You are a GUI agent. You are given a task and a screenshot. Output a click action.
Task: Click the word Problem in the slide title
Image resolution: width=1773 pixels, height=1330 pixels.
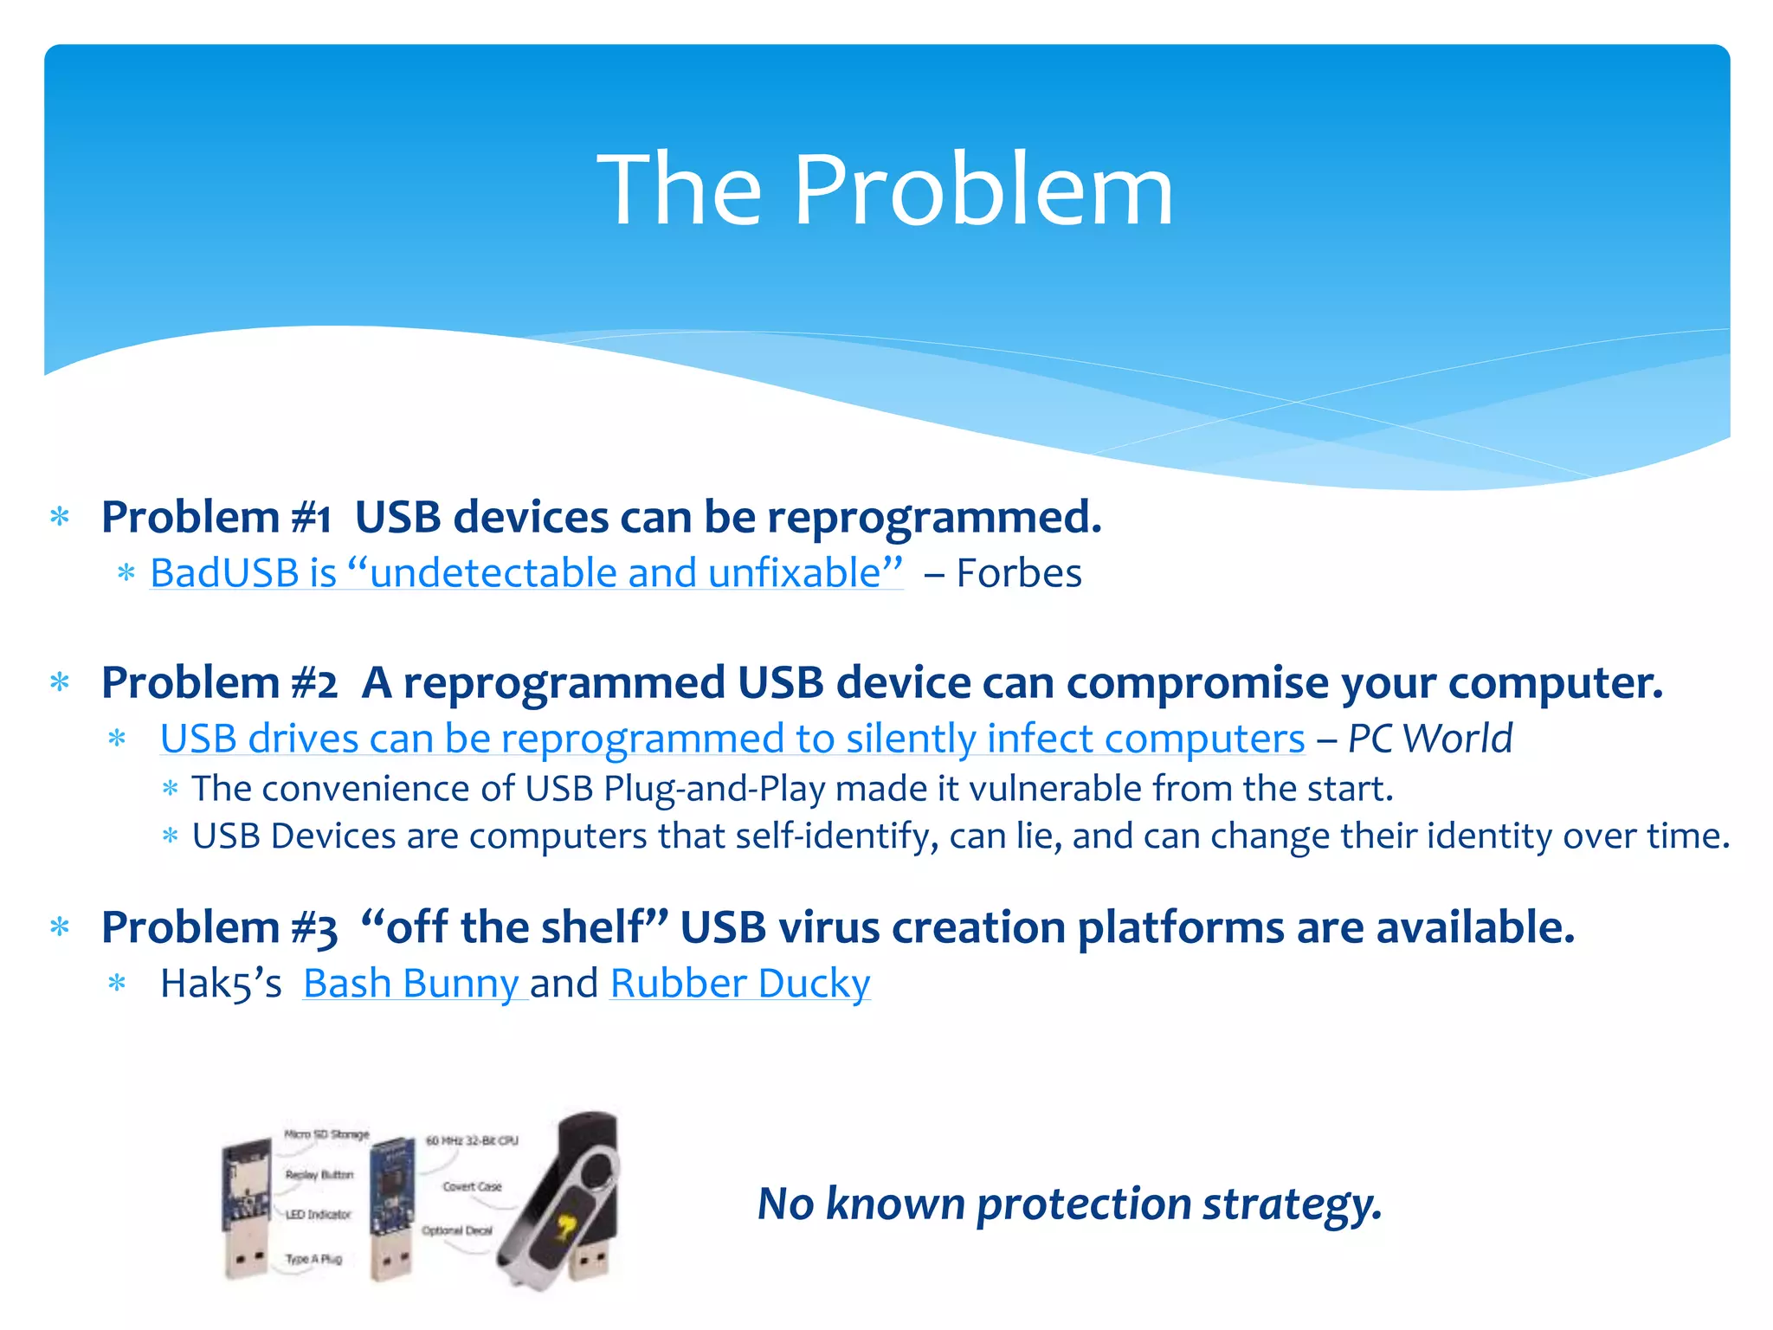(x=983, y=190)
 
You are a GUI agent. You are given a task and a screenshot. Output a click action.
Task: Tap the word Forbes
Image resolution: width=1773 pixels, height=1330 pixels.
(x=1019, y=573)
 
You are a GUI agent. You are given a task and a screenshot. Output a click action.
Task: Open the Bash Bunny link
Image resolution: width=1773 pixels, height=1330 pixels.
(x=411, y=984)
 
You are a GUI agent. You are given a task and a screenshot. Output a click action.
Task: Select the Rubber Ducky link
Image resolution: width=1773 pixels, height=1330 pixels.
(x=740, y=984)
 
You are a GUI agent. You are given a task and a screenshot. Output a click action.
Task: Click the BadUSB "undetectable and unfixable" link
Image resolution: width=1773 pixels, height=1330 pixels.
(x=526, y=573)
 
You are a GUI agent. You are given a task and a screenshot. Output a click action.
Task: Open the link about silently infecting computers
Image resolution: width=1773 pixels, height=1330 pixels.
(x=732, y=739)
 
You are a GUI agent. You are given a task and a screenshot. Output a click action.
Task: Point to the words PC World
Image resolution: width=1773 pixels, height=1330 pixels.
(x=1430, y=739)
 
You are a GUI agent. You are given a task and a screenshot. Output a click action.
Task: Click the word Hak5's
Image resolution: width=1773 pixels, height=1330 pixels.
(x=221, y=984)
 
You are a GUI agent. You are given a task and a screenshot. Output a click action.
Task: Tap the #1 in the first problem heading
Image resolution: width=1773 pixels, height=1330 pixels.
(x=311, y=518)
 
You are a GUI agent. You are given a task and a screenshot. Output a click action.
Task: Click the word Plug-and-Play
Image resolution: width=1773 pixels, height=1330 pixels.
(x=714, y=789)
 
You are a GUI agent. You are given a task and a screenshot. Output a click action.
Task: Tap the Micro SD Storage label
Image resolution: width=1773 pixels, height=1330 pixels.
(x=326, y=1134)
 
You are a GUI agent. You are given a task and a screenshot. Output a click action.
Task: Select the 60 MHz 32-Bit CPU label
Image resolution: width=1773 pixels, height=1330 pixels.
(x=472, y=1141)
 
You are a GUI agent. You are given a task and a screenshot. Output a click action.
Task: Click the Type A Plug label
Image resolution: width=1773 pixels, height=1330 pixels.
(x=313, y=1258)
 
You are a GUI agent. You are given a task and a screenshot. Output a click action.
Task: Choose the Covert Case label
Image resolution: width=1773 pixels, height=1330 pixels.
(x=472, y=1186)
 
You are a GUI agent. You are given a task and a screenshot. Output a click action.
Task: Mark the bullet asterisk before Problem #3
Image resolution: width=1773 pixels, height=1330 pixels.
(x=60, y=927)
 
